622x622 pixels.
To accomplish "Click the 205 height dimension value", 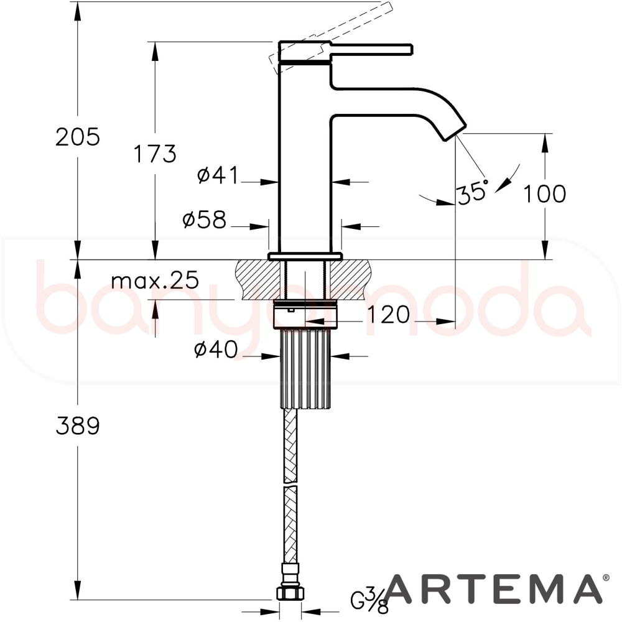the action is click(x=78, y=137).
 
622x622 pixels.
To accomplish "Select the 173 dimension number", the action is click(x=155, y=154).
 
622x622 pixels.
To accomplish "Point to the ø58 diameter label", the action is click(x=205, y=219).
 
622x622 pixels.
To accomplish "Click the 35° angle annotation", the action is click(x=472, y=192).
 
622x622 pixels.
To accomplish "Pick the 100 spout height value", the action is click(x=545, y=193).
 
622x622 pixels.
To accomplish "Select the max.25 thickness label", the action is click(x=155, y=281).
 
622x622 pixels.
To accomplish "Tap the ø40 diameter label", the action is click(x=216, y=350).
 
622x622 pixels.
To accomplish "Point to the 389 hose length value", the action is click(x=78, y=425).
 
